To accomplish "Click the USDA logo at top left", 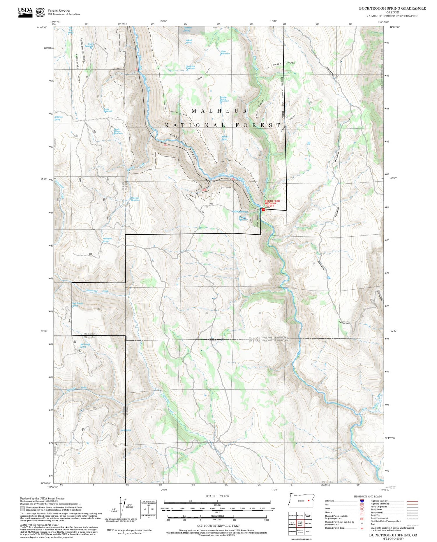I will [25, 12].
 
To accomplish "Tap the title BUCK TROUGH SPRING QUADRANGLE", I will [392, 8].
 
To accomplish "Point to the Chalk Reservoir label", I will [89, 45].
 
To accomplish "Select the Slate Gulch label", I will [203, 75].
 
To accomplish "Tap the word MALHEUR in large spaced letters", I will [219, 111].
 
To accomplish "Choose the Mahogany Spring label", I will [107, 240].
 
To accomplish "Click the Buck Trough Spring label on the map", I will [77, 304].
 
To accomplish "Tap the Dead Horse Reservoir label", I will [118, 131].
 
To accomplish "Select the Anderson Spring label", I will [58, 118].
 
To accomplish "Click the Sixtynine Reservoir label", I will [190, 67].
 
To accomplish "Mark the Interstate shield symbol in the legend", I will [362, 501].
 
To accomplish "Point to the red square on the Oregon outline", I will [308, 501].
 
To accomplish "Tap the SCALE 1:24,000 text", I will [217, 496].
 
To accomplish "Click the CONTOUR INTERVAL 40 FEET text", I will [218, 526].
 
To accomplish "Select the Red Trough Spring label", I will [85, 346].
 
